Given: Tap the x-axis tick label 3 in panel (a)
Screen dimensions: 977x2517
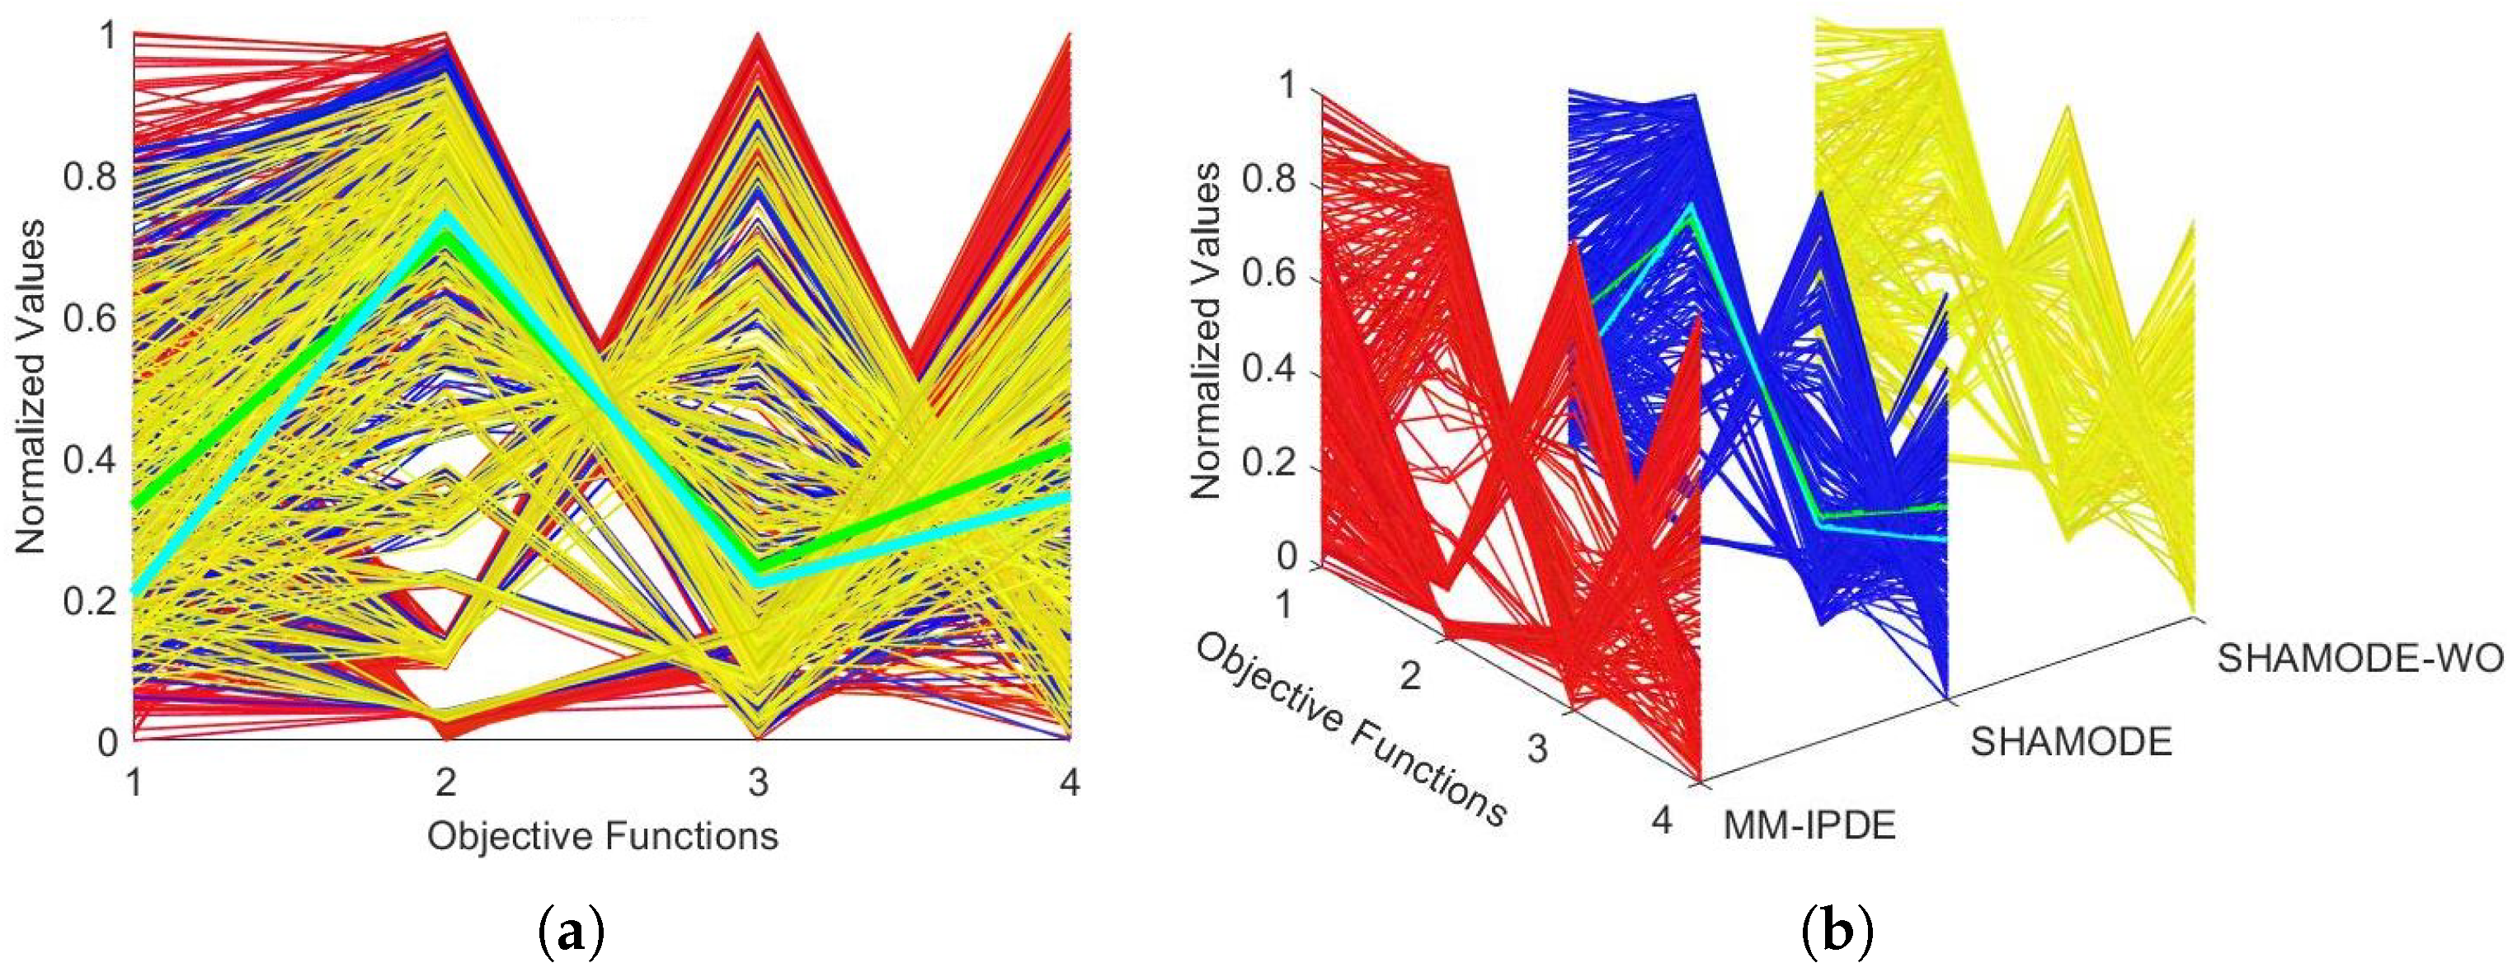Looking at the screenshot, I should coord(758,782).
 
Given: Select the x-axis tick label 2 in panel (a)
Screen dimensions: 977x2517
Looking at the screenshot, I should coord(446,782).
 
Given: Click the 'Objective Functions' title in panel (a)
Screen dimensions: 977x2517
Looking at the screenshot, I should coord(602,836).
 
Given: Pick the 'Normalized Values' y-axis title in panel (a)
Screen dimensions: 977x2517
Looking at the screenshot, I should coord(31,388).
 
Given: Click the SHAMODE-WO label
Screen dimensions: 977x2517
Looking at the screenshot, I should coord(2359,659).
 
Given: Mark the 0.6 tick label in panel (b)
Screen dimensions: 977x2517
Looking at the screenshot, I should coord(1268,275).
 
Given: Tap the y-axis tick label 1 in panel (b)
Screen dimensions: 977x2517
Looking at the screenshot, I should coord(1288,86).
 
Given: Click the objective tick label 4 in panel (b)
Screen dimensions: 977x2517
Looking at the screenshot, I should coord(1662,820).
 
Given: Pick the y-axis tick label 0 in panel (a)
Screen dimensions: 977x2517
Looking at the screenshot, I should coord(107,743).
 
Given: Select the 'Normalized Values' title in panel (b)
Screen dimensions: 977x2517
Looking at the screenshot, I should coord(1206,332).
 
